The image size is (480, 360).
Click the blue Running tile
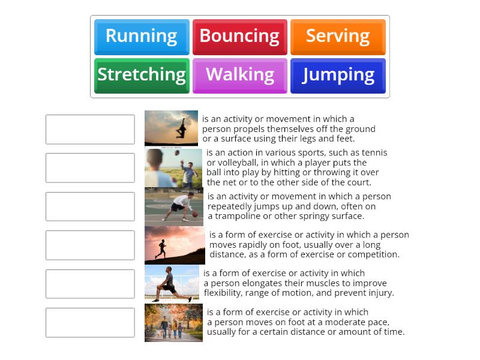(142, 37)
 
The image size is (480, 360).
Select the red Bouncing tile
(239, 37)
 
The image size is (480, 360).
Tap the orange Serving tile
(338, 37)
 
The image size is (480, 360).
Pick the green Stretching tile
(142, 75)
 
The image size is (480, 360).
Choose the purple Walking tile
(239, 75)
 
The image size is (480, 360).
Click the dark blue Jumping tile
(338, 75)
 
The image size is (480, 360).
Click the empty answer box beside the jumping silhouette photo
(90, 129)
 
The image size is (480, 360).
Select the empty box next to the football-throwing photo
(90, 167)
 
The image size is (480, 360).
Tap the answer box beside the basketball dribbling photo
(90, 206)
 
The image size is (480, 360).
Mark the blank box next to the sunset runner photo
(90, 245)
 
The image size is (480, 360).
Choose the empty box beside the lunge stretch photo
(90, 284)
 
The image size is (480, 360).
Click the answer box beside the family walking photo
(90, 322)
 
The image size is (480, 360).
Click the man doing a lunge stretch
(170, 284)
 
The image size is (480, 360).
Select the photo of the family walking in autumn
(173, 323)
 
